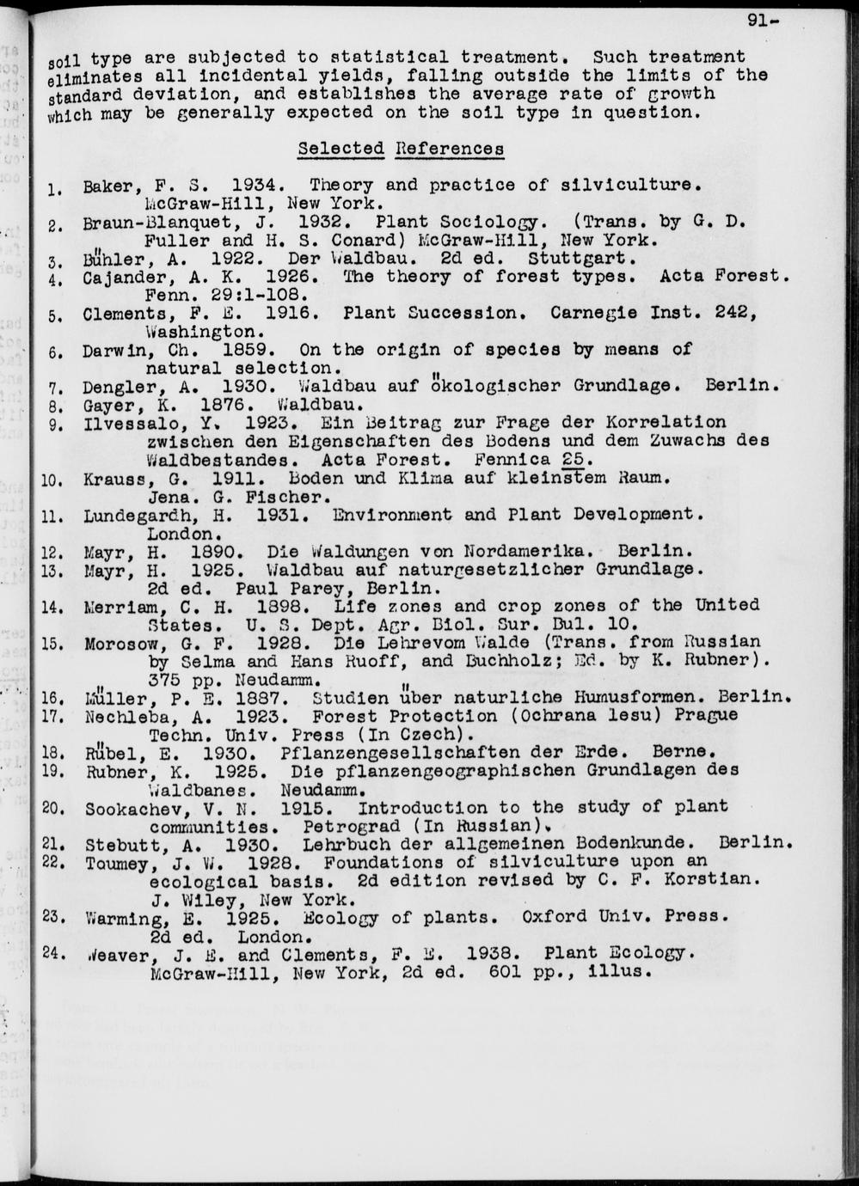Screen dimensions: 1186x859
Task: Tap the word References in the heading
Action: click(450, 149)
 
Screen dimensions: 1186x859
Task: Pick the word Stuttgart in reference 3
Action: click(581, 259)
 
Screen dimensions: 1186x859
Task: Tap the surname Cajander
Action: click(120, 278)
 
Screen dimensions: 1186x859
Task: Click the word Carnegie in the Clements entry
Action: click(594, 313)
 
